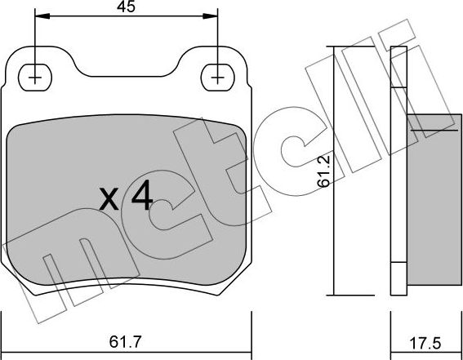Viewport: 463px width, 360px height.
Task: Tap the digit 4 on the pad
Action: coord(140,197)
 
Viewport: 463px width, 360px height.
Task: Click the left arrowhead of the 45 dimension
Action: coord(39,16)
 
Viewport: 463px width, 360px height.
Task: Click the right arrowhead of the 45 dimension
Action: coord(214,16)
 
